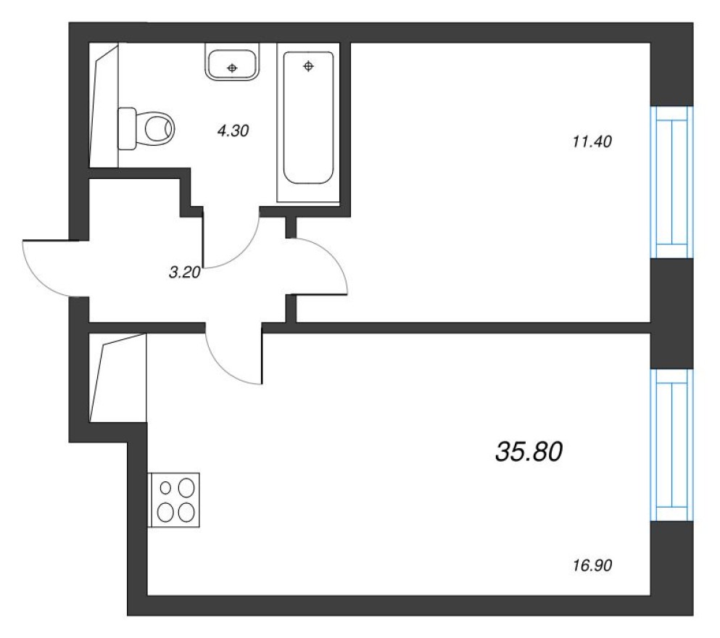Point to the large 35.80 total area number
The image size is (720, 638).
(x=529, y=452)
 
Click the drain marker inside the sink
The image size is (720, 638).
(x=232, y=68)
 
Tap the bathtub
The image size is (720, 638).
(x=309, y=123)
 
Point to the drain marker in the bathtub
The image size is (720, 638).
(x=309, y=67)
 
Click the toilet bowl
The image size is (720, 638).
(x=157, y=128)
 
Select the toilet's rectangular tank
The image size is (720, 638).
(x=127, y=128)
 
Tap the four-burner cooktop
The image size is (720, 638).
(x=175, y=500)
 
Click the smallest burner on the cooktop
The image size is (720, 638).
(x=165, y=487)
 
